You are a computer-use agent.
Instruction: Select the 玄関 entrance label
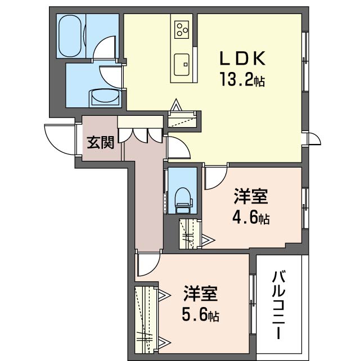(100, 142)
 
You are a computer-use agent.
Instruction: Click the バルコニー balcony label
(280, 304)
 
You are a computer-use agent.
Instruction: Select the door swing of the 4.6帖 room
(214, 178)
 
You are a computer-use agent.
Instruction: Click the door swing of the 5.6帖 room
(147, 263)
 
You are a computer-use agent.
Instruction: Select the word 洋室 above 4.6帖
(250, 197)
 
